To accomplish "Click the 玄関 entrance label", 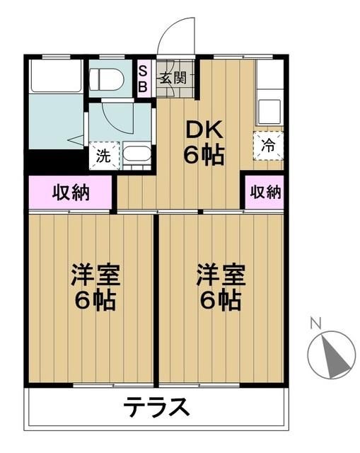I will click(172, 78).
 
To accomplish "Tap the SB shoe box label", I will click(143, 78).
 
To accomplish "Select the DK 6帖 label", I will click(204, 142).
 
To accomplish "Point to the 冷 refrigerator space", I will click(269, 145).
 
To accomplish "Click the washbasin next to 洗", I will click(137, 154).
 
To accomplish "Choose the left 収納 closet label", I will click(71, 192).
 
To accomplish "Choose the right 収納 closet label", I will click(265, 192).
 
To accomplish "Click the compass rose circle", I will click(331, 352).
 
